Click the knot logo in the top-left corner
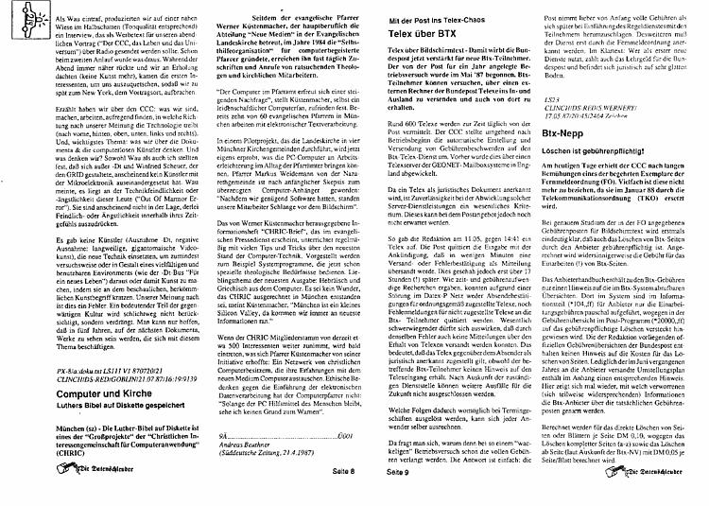(x=17, y=19)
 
